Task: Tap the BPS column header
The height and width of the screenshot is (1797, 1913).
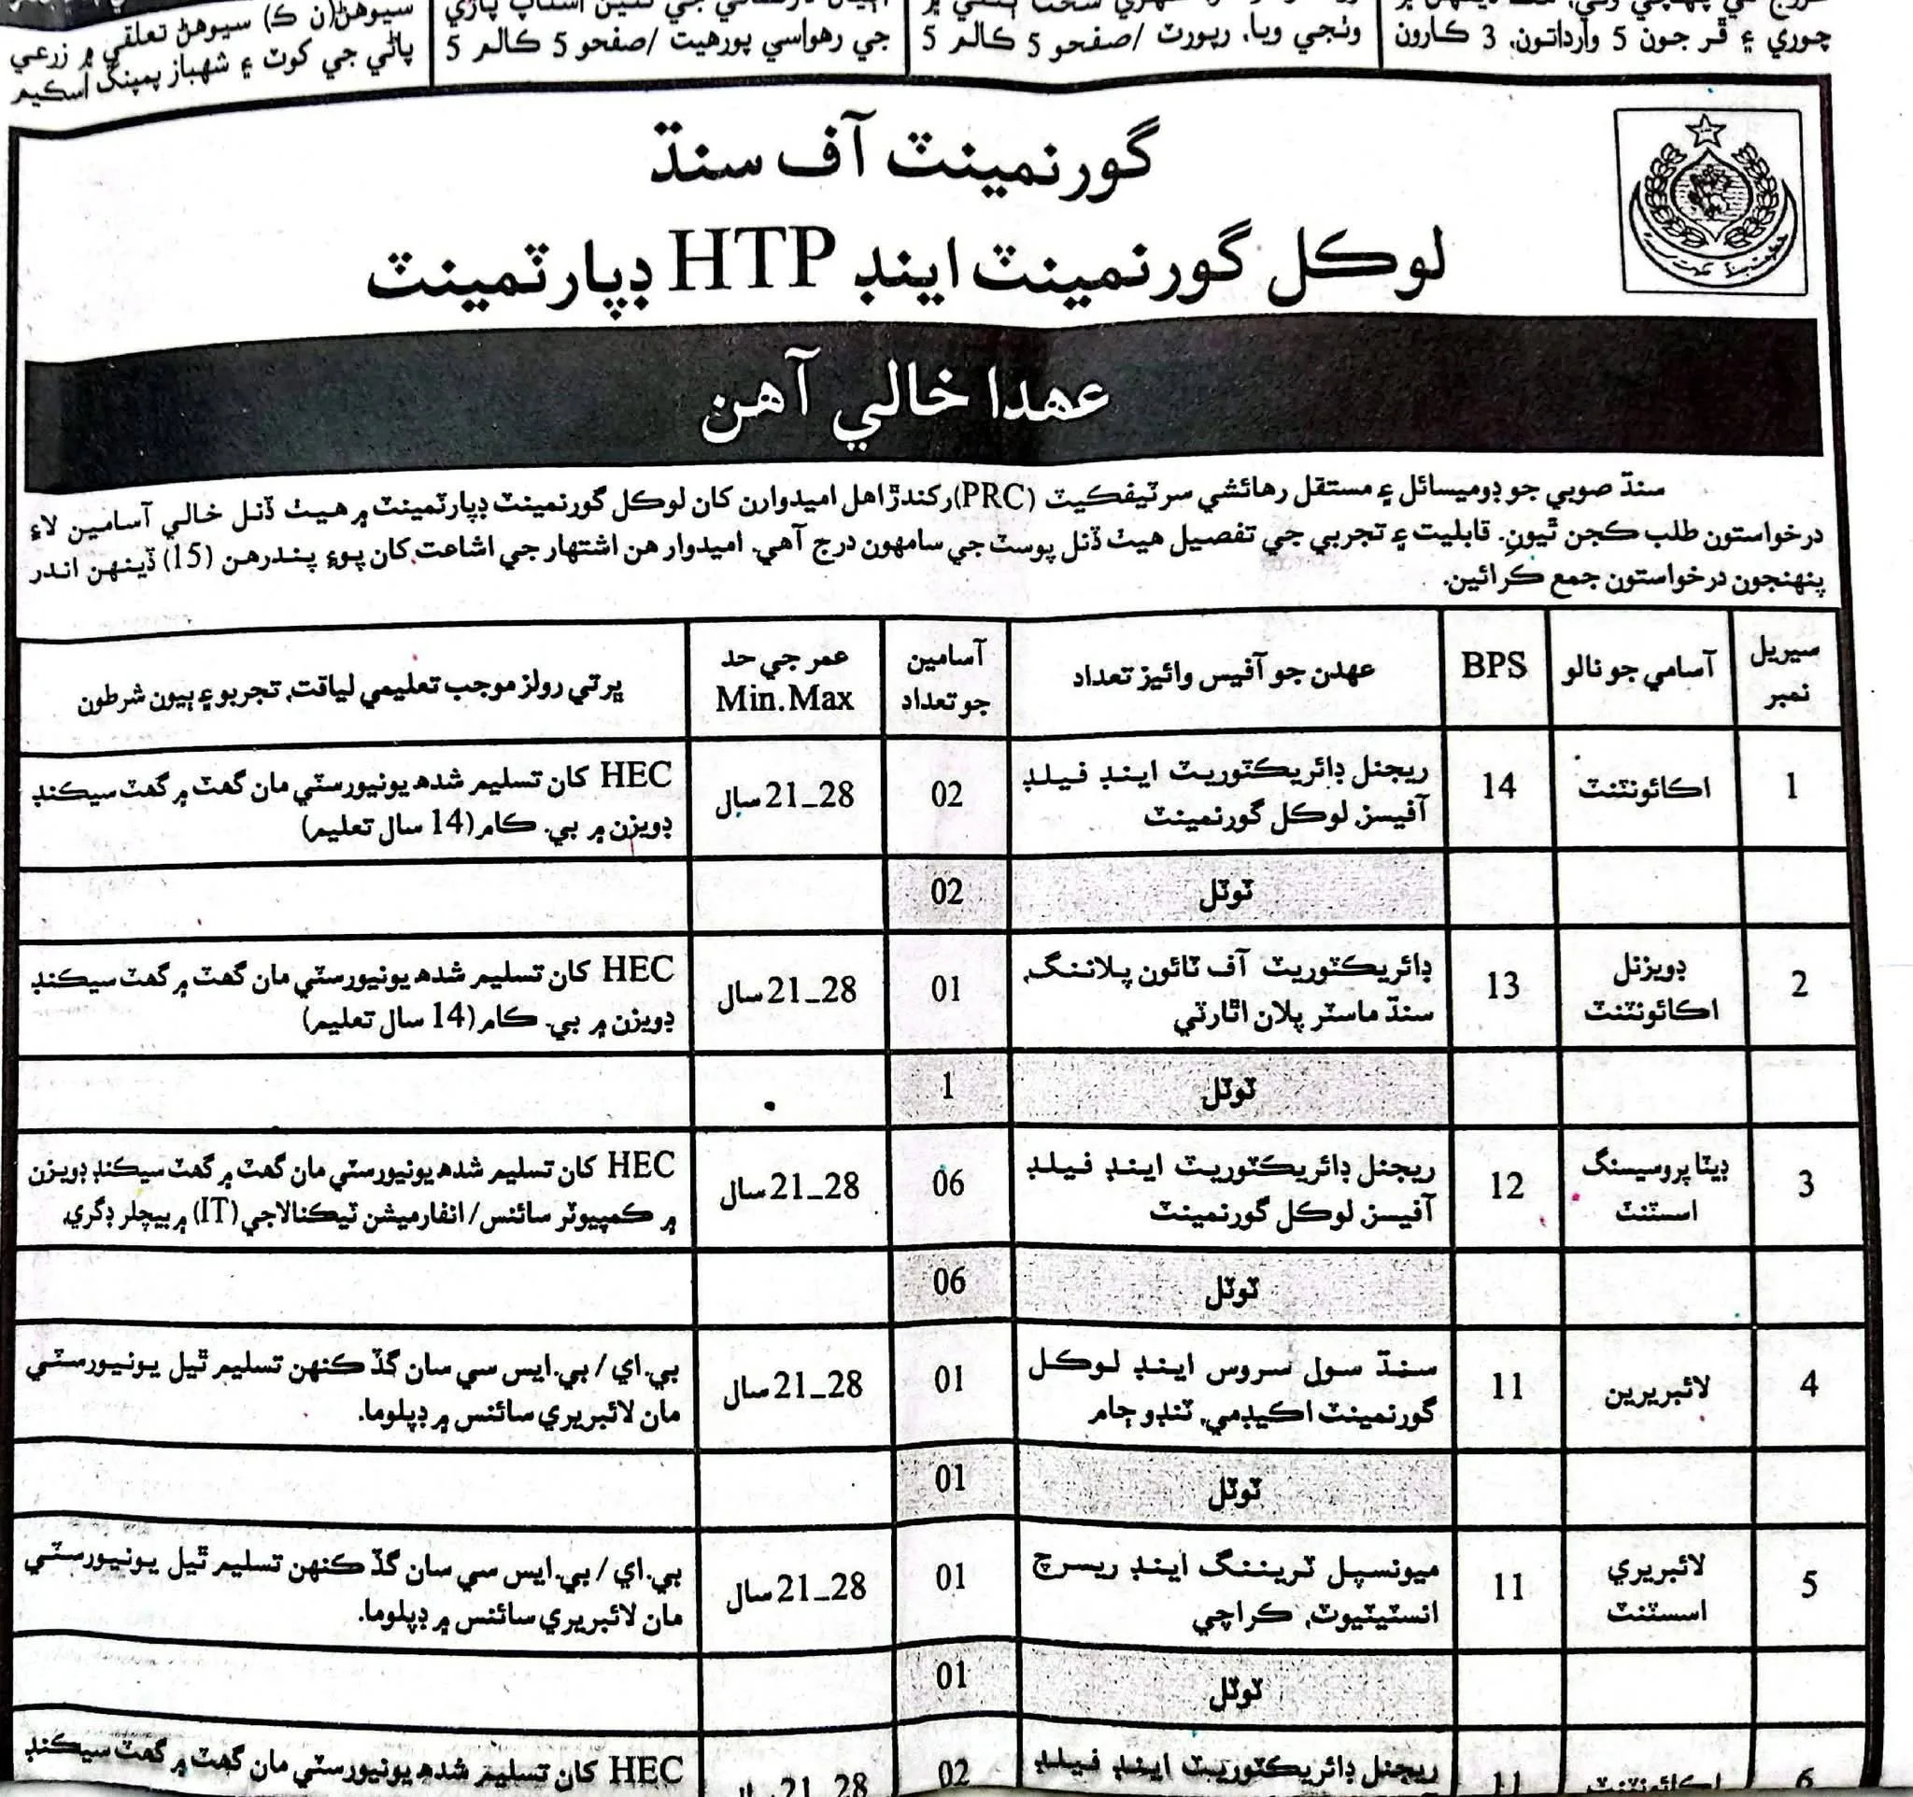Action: (x=1494, y=666)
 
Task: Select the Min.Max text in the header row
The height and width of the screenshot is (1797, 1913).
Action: (x=785, y=699)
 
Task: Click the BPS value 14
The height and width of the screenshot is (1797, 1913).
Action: (x=1499, y=787)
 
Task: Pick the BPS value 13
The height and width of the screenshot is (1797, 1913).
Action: (x=1502, y=985)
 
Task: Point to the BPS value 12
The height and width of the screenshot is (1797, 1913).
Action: (x=1506, y=1186)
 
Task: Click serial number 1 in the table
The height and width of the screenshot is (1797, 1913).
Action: (x=1791, y=788)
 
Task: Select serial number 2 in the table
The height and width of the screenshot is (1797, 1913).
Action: (x=1798, y=984)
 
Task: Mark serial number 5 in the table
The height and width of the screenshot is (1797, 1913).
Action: (x=1809, y=1583)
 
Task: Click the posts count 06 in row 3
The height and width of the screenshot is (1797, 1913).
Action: (x=948, y=1182)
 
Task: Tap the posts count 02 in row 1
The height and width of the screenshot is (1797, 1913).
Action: (x=946, y=794)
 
